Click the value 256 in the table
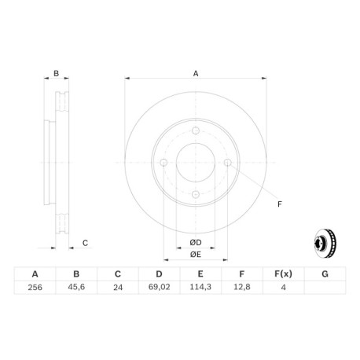(35, 288)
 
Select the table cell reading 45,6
(76, 287)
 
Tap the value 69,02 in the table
(159, 287)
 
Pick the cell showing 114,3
(200, 287)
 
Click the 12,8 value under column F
(242, 287)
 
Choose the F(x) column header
(283, 274)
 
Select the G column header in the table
(325, 274)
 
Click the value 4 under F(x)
(283, 288)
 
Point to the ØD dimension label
(196, 243)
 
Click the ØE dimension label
(196, 255)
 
